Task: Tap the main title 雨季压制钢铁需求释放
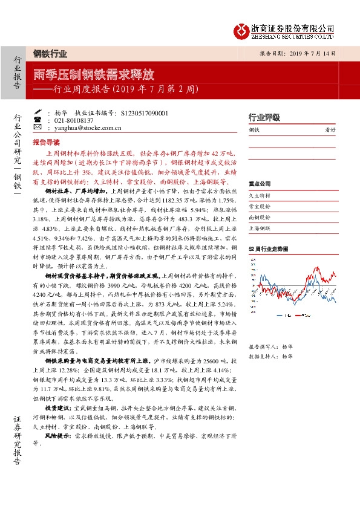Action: [x=94, y=75]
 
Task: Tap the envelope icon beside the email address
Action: [x=38, y=128]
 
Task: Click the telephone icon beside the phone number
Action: [x=38, y=120]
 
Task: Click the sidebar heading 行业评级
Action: [x=264, y=117]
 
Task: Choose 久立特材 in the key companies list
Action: [x=260, y=196]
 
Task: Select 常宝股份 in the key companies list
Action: [x=260, y=206]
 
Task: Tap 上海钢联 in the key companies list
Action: [x=260, y=227]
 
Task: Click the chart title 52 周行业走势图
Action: [x=267, y=249]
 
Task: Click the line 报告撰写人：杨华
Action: [x=270, y=347]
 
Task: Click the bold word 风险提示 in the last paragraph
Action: [x=56, y=435]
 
